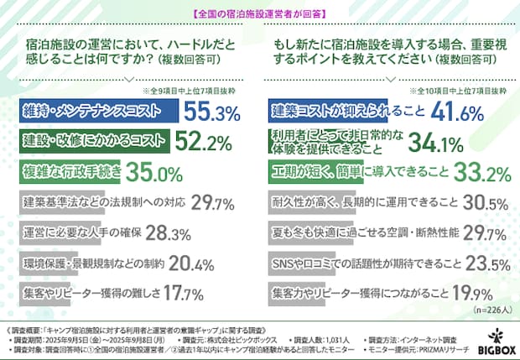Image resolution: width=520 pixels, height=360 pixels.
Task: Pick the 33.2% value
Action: click(481, 173)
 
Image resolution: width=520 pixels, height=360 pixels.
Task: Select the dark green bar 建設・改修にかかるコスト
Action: click(92, 143)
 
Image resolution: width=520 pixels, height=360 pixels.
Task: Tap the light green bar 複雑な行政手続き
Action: click(67, 173)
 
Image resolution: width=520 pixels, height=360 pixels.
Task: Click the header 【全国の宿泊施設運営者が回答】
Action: click(259, 13)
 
